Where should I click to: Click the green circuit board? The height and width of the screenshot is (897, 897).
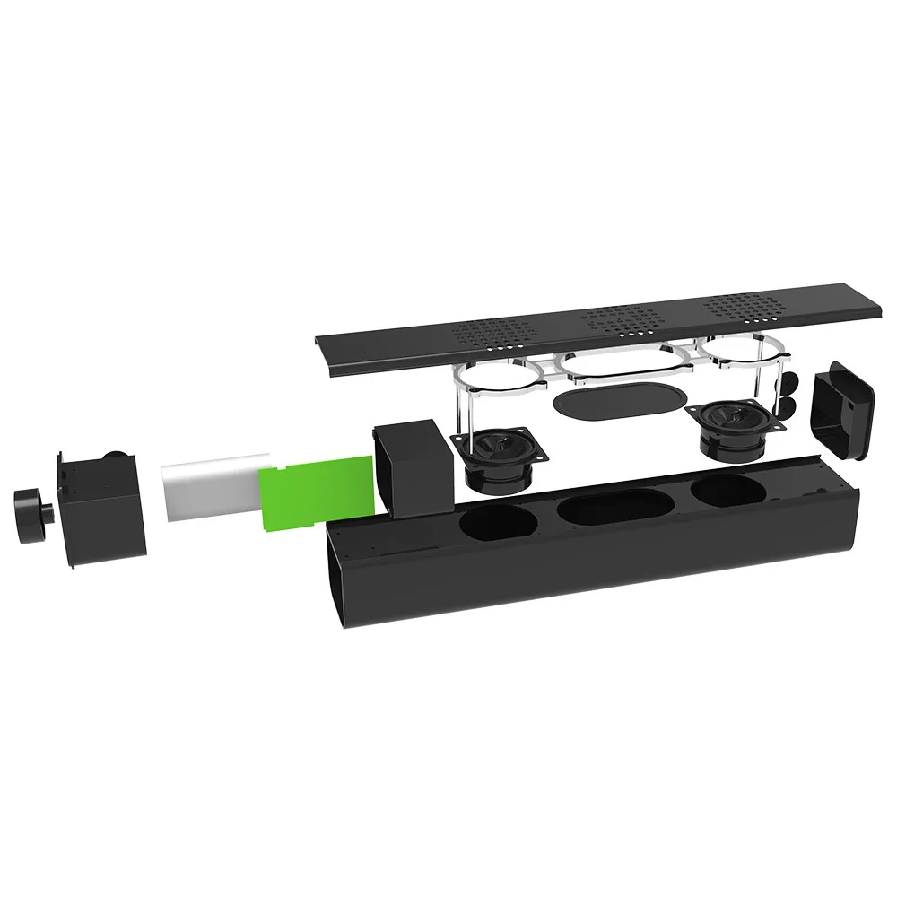pyautogui.click(x=314, y=492)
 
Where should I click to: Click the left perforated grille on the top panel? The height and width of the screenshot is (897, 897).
pyautogui.click(x=492, y=335)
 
